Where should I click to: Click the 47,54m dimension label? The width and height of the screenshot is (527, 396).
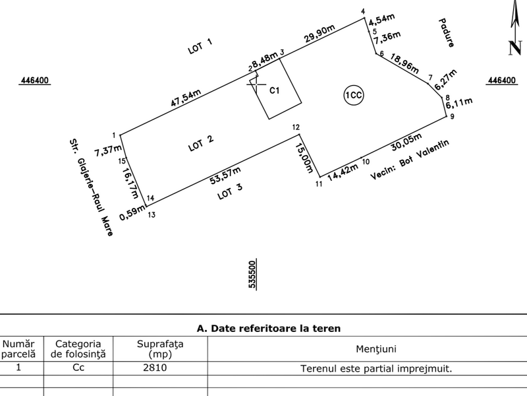pos(186,98)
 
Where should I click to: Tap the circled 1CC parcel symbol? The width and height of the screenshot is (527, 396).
pos(354,95)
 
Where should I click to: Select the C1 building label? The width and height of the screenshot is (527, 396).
pos(275,90)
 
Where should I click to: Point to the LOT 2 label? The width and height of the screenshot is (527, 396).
pos(201,143)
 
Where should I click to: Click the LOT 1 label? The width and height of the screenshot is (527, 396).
pos(200,46)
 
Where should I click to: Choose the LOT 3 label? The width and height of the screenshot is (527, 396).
pos(230,191)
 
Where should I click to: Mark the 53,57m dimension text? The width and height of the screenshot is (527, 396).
pos(225,175)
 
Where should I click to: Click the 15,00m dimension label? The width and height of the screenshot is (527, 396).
pos(304,158)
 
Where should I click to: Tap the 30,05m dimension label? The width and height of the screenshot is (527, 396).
pos(406,142)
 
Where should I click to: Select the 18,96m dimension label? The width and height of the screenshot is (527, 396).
pos(404,63)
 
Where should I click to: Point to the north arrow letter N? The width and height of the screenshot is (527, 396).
pos(515,48)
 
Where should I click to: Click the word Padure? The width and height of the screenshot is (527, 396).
pos(447,33)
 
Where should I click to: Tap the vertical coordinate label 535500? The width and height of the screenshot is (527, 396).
pos(252,274)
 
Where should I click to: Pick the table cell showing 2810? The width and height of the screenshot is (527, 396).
pos(155,368)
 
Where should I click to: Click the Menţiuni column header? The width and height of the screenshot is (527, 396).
pos(376,349)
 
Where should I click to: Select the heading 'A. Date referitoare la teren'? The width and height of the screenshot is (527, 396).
pos(269,328)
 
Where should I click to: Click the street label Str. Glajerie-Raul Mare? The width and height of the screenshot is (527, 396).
pos(91,187)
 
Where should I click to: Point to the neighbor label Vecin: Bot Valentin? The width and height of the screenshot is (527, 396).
pos(410,159)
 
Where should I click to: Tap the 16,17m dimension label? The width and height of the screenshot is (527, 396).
pos(130,183)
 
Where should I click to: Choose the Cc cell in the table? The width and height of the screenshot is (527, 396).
pos(78,368)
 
